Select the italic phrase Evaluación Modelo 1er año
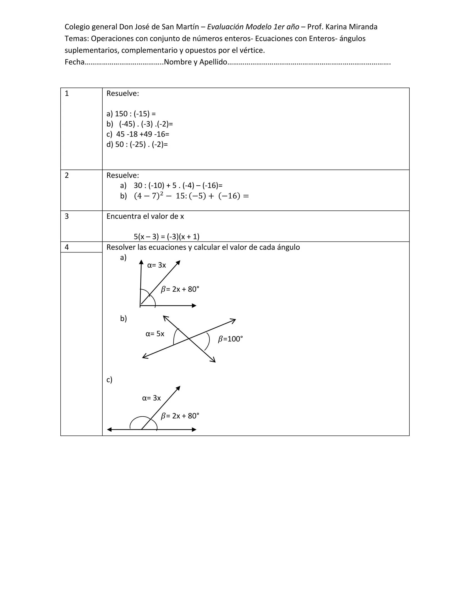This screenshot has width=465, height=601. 253,27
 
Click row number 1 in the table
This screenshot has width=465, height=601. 67,94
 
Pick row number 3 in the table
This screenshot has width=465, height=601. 67,216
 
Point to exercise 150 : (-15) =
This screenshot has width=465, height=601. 131,114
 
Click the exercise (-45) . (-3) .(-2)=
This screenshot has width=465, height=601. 140,124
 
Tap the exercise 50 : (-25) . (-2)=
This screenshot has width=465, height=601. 137,144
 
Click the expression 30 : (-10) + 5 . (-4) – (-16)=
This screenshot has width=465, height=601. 178,186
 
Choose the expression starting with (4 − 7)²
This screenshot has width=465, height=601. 191,196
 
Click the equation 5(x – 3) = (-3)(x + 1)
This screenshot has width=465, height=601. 166,237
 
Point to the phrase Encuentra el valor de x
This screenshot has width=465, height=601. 145,216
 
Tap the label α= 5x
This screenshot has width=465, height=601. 155,334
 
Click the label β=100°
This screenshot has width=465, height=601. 230,339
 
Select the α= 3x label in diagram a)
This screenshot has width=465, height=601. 156,265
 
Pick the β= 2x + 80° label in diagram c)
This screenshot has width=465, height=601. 180,416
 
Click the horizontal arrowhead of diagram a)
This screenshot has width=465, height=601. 194,306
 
